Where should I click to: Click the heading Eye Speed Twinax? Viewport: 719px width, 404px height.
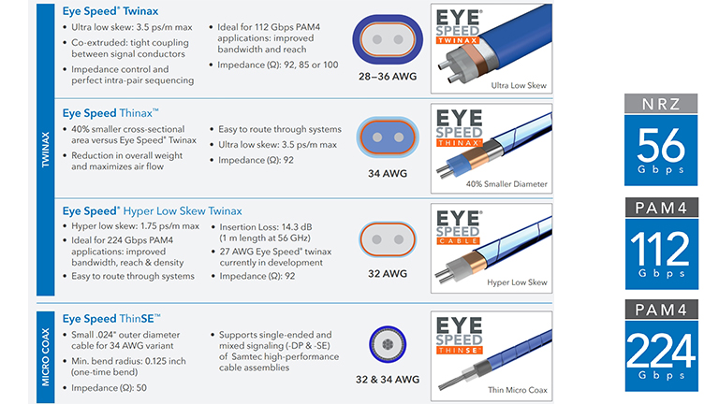[x=110, y=11]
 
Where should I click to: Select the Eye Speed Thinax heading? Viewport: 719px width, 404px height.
[x=110, y=112]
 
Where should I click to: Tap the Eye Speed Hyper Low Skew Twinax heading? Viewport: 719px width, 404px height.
[x=153, y=211]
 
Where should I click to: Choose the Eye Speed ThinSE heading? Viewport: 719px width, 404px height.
[x=111, y=318]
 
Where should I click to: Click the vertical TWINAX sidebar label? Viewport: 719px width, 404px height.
[x=45, y=150]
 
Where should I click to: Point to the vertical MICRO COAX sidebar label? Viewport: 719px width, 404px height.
[x=45, y=357]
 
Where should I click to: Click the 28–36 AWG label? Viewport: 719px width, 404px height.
[x=388, y=77]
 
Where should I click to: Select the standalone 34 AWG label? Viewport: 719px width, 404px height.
[x=388, y=174]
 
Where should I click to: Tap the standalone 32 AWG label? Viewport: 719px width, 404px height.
[x=388, y=273]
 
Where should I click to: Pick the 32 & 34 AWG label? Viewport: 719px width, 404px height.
[x=388, y=380]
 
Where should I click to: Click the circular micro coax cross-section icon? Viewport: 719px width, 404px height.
[x=388, y=344]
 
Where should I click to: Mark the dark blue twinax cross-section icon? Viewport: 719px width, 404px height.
[x=388, y=39]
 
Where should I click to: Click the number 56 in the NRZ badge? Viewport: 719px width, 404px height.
[x=661, y=145]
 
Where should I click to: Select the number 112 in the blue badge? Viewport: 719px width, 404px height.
[x=660, y=248]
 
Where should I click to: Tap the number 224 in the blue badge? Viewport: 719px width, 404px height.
[x=661, y=351]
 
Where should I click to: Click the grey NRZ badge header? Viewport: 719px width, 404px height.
[x=661, y=104]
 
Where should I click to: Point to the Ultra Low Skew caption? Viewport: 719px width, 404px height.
[x=519, y=86]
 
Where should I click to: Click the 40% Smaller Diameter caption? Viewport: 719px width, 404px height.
[x=506, y=184]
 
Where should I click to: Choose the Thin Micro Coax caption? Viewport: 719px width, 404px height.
[x=518, y=390]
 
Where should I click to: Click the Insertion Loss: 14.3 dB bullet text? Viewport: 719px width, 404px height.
[x=266, y=226]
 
